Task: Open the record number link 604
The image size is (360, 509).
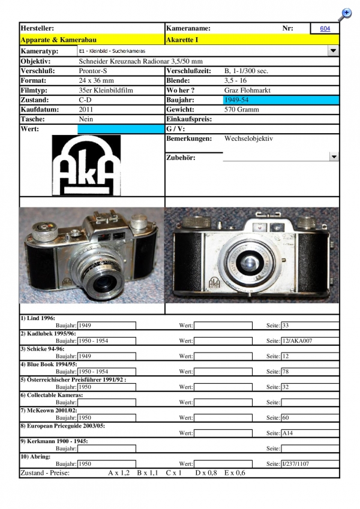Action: [x=325, y=29]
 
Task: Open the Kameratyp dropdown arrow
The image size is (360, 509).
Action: [x=333, y=52]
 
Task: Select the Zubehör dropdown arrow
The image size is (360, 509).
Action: [x=334, y=157]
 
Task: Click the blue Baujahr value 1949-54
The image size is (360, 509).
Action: [x=236, y=100]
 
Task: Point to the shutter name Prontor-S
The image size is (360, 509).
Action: [x=94, y=71]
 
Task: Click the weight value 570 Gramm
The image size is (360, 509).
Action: [x=241, y=110]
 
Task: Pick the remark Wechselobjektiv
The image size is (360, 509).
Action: [x=248, y=138]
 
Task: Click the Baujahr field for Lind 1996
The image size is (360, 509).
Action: [x=107, y=326]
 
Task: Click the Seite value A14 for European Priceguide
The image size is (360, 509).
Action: [x=288, y=433]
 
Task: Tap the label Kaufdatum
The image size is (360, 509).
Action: [x=39, y=110]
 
